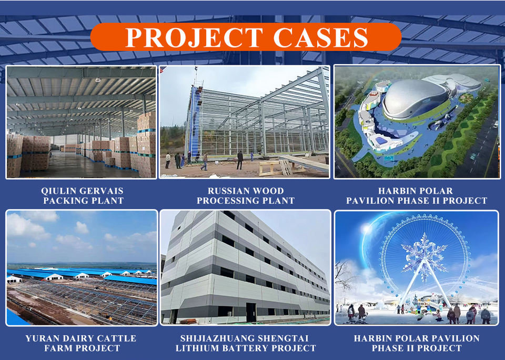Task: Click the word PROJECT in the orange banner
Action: pos(194,37)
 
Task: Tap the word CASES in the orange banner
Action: pos(321,37)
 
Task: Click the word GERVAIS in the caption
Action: pos(102,191)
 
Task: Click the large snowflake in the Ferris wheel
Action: pos(424,255)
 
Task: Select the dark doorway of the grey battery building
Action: pos(251,312)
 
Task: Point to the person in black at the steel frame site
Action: pos(240,160)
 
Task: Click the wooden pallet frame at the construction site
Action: pos(275,167)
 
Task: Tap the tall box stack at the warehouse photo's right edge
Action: pos(147,145)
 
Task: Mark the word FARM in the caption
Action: pos(57,348)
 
